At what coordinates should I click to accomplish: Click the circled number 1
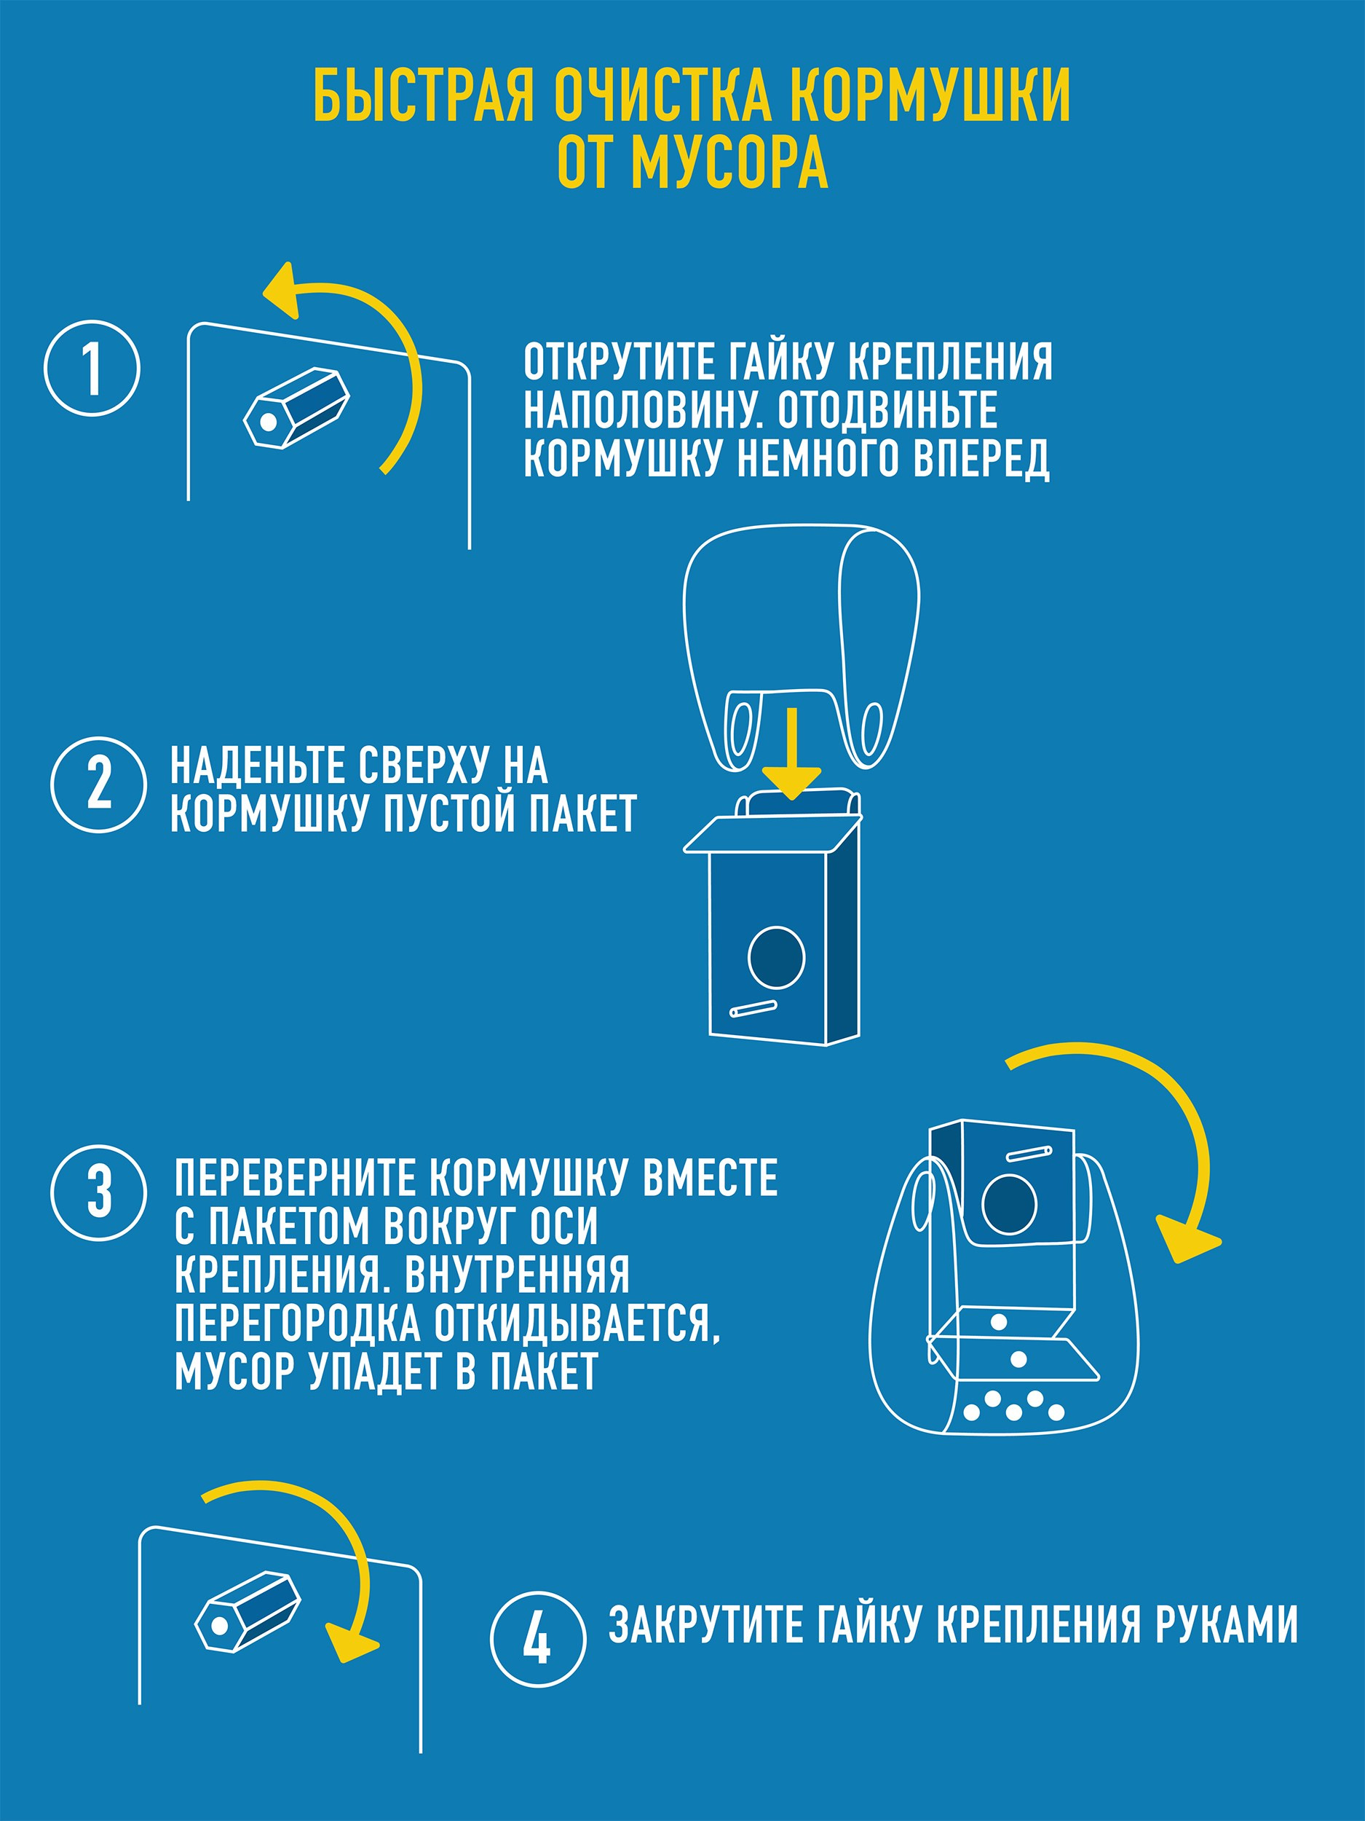pyautogui.click(x=92, y=368)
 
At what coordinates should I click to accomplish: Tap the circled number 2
pyautogui.click(x=99, y=784)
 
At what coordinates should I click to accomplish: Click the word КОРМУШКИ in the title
pyautogui.click(x=934, y=96)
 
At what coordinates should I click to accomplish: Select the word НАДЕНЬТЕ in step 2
pyautogui.click(x=257, y=766)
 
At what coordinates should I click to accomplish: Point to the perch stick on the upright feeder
pyautogui.click(x=753, y=1007)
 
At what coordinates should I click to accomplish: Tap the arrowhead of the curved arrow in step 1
pyautogui.click(x=282, y=290)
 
